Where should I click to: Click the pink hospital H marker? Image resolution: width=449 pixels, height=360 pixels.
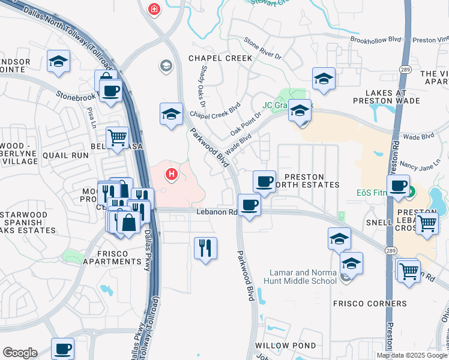pyautogui.click(x=172, y=175)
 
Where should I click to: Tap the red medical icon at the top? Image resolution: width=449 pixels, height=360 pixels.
pyautogui.click(x=154, y=10)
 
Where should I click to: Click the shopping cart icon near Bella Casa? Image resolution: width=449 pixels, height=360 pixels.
pyautogui.click(x=117, y=137)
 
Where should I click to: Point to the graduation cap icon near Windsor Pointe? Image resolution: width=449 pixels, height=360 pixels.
pyautogui.click(x=59, y=61)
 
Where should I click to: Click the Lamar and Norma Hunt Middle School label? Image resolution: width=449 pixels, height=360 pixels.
pyautogui.click(x=304, y=277)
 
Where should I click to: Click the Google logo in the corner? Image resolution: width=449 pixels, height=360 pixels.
pyautogui.click(x=20, y=353)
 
